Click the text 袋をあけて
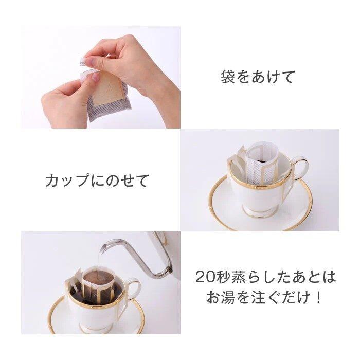point(258,77)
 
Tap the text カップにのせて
point(97,181)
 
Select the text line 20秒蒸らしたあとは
point(265,277)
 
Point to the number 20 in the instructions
point(204,277)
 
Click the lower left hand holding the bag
point(64,100)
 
